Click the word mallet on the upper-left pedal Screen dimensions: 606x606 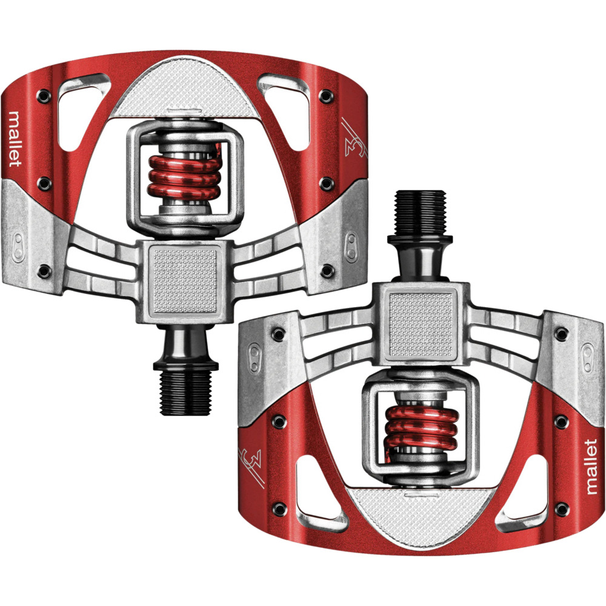pos(15,139)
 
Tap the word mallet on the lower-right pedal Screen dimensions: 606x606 pos(591,467)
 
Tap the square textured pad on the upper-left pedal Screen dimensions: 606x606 pos(185,280)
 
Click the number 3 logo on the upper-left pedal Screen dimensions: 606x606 pos(354,140)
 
